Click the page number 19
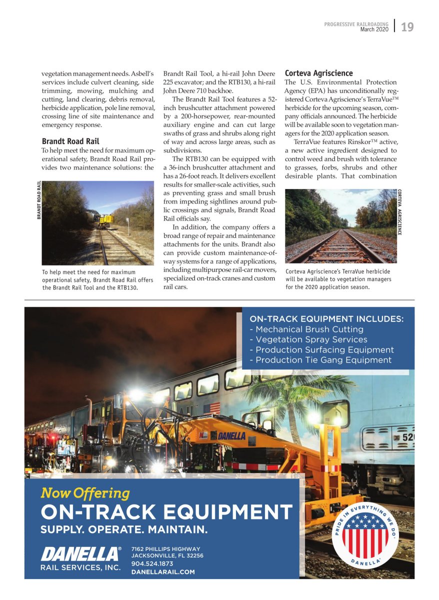[x=407, y=27]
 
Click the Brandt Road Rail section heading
[x=70, y=141]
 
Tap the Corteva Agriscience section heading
[x=318, y=73]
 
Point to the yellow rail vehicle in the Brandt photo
[x=105, y=219]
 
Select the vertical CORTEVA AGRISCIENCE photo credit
[x=399, y=212]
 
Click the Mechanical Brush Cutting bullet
[x=306, y=329]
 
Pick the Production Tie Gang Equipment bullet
[x=320, y=360]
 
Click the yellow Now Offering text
[x=85, y=493]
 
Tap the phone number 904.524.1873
[x=152, y=563]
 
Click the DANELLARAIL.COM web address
[x=162, y=571]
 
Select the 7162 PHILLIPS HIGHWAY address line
[x=165, y=549]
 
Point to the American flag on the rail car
[x=211, y=407]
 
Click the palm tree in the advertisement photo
[x=295, y=395]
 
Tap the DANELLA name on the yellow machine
[x=231, y=436]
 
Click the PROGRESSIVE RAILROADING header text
[x=356, y=24]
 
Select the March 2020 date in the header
[x=374, y=29]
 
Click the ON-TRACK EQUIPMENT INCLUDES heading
[x=326, y=319]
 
